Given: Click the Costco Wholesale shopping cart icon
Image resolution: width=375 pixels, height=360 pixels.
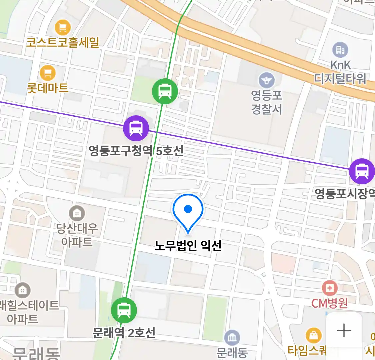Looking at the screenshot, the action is [x=62, y=27].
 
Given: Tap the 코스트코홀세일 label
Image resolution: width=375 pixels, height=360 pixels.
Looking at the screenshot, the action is [x=63, y=43].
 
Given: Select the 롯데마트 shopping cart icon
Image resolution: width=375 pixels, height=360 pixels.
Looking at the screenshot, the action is [x=48, y=73].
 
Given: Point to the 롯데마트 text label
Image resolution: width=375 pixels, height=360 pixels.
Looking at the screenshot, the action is [x=48, y=88].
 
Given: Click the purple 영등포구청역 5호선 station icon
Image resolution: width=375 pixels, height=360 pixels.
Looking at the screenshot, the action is [x=136, y=128].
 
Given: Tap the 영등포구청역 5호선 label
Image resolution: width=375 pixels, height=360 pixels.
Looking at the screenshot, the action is [x=136, y=151].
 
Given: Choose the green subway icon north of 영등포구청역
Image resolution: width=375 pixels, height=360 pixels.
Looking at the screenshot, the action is [x=165, y=91].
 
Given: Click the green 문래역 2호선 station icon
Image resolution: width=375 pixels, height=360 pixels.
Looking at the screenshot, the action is [x=124, y=310].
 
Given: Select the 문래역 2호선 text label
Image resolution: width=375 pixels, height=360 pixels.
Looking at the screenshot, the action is [x=124, y=333].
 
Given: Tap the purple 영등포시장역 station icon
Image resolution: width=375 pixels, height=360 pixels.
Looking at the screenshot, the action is [x=362, y=171].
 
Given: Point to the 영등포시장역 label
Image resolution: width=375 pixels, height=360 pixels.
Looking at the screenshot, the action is [x=345, y=194].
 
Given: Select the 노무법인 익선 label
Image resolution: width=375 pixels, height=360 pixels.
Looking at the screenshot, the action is [x=188, y=246].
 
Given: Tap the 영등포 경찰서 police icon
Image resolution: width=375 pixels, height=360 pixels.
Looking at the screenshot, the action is [x=267, y=80].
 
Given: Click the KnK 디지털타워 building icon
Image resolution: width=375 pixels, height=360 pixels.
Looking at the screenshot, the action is [x=340, y=50].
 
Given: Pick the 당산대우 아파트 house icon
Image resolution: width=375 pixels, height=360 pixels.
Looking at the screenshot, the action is [x=77, y=213].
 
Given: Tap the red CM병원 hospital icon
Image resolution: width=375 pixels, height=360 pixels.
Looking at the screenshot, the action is [x=329, y=288].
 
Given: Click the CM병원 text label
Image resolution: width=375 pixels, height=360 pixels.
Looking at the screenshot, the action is [x=329, y=303].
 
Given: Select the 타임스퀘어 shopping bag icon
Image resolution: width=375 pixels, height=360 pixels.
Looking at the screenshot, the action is [x=313, y=335].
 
